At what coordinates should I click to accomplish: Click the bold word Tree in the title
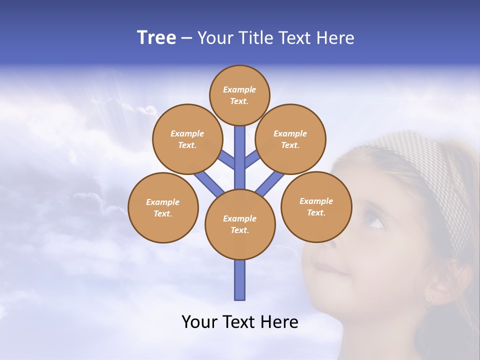point(156,38)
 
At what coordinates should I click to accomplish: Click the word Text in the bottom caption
point(242,322)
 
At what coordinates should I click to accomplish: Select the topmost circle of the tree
point(239,95)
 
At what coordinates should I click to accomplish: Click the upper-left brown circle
point(187,139)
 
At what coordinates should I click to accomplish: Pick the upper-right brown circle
point(290,139)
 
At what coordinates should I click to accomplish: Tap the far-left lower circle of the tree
point(163,207)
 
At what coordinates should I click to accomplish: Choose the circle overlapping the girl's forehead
point(316,206)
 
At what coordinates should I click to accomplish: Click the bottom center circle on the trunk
point(240,224)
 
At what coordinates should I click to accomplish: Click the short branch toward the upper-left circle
point(226,160)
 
